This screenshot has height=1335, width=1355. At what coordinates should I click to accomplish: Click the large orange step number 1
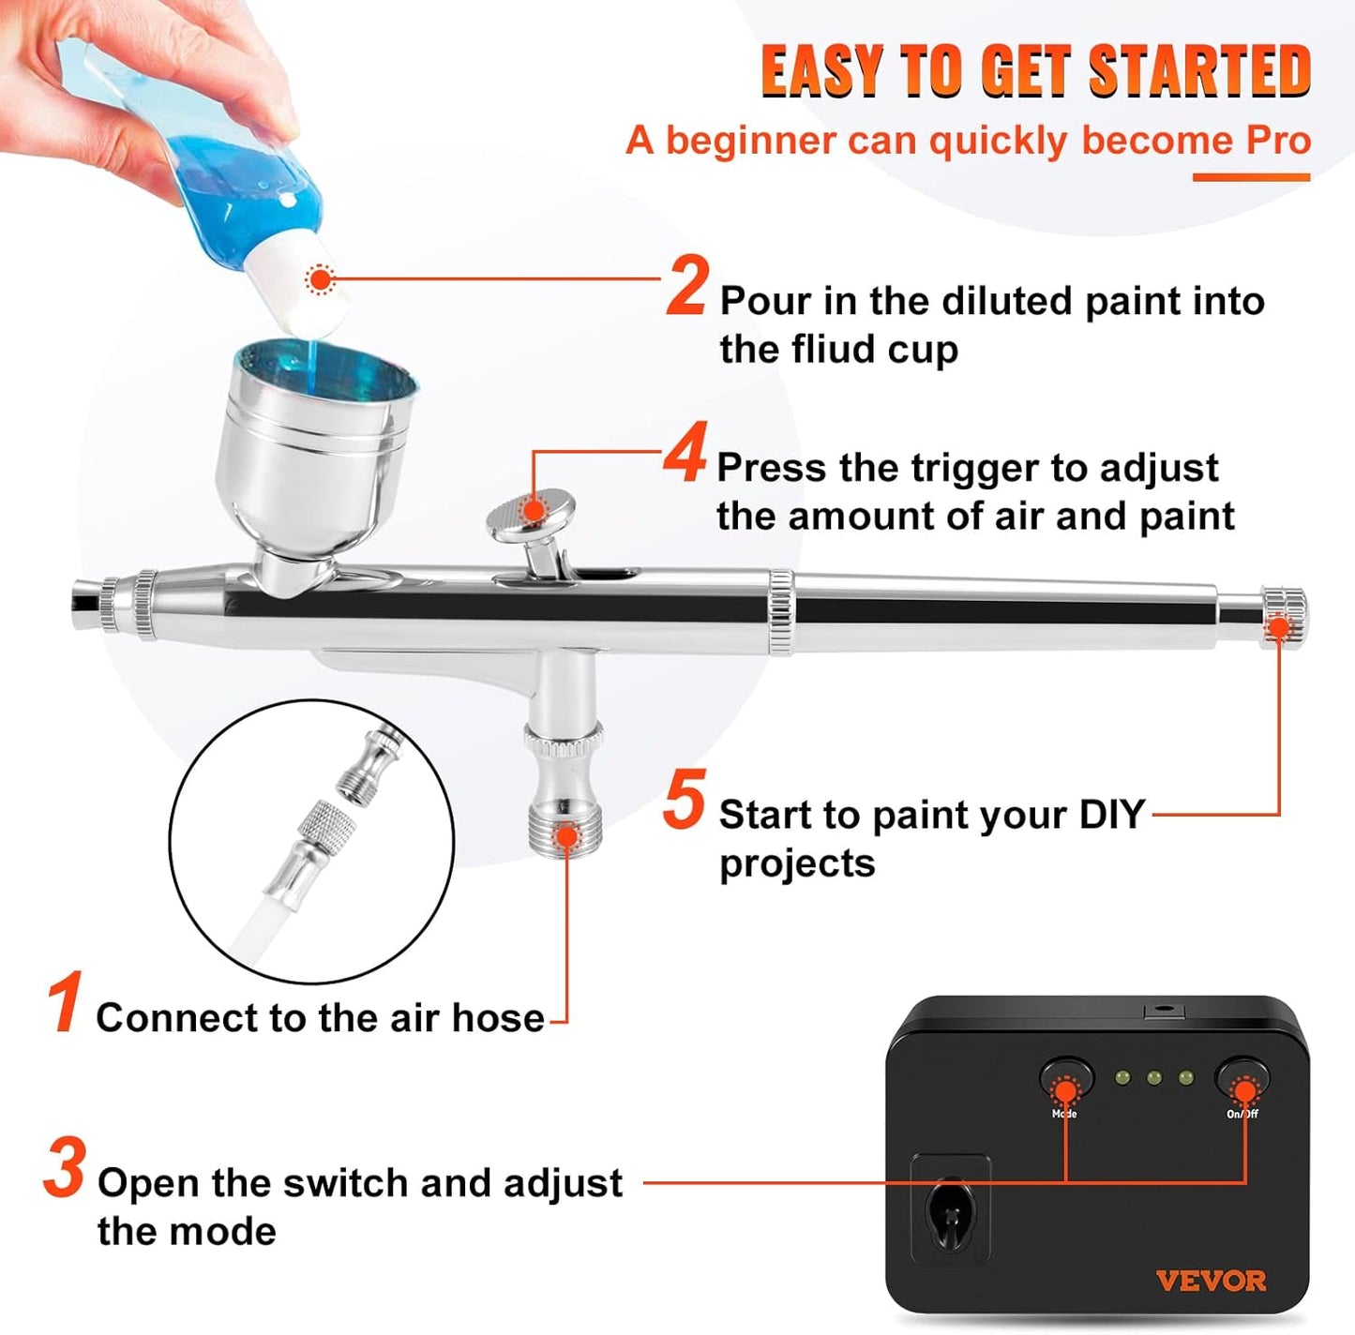[64, 1003]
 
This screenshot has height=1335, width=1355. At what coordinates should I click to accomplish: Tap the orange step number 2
[687, 287]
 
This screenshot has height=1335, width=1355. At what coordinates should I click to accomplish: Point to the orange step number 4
[685, 454]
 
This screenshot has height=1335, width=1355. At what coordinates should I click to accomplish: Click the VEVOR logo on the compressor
[1211, 1281]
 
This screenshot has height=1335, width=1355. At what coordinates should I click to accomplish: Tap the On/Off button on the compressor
[1243, 1083]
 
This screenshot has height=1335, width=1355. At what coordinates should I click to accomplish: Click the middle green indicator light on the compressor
[1153, 1078]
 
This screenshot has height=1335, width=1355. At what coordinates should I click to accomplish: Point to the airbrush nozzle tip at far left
[86, 607]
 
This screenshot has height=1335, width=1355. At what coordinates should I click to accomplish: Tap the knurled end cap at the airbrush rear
[1283, 614]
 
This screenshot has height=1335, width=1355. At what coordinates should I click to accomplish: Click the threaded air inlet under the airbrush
[565, 825]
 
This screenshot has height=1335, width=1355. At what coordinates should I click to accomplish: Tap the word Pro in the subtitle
[1278, 141]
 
